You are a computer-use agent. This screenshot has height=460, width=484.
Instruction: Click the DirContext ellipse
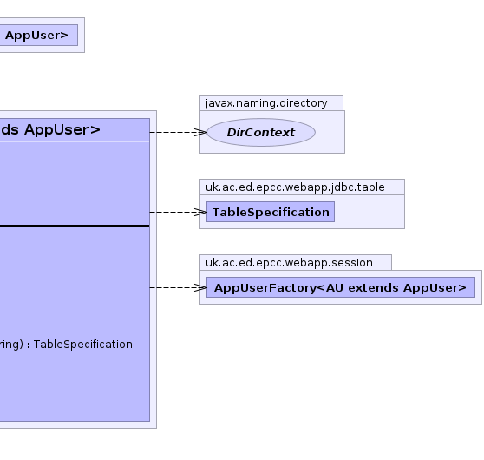261,132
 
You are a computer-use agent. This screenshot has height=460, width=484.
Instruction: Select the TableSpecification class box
271,212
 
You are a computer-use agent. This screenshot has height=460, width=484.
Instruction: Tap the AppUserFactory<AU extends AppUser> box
341,287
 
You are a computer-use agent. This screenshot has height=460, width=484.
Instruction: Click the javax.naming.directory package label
266,103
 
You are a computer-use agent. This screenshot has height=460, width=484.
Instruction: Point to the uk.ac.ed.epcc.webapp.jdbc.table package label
295,187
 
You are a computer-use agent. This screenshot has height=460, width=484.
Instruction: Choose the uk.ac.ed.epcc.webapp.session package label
289,263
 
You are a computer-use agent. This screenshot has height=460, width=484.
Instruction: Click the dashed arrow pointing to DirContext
179,132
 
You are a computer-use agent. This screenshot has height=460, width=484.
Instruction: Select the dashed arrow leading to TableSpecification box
179,212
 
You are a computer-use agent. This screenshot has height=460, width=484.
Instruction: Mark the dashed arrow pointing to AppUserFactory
179,287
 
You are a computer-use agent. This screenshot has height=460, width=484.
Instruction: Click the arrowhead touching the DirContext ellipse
201,132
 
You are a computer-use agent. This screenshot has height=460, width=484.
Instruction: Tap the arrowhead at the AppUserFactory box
200,287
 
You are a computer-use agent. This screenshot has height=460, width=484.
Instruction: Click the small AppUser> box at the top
38,36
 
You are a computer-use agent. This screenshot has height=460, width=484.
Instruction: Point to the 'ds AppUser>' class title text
50,129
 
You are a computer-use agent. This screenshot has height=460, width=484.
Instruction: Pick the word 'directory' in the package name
304,103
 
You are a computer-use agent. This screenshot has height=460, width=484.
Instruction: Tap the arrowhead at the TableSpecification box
200,212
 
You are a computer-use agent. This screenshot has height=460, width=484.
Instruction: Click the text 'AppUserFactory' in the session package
265,288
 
